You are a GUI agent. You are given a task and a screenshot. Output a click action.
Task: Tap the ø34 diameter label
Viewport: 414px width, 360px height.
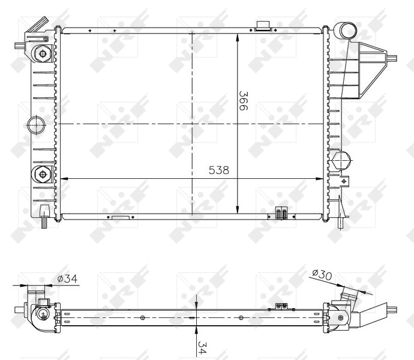[68, 278]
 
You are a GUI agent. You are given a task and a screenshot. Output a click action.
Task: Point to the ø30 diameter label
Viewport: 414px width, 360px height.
[322, 275]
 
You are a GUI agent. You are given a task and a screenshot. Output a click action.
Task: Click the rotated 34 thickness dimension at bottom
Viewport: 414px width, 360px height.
[202, 346]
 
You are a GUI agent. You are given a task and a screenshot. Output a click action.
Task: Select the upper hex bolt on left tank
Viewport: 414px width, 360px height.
[43, 54]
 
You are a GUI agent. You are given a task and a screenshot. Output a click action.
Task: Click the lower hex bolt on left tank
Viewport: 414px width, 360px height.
[43, 175]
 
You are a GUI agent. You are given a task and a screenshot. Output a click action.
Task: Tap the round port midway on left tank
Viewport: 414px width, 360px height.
[37, 125]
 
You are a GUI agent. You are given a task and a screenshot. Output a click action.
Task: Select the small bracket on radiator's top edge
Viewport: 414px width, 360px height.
[262, 25]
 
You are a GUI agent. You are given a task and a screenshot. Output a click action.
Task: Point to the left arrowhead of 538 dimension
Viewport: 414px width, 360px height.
[65, 178]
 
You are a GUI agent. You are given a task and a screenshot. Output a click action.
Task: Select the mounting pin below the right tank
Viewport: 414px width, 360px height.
[341, 223]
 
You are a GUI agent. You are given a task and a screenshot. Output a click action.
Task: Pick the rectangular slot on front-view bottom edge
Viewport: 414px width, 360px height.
[120, 217]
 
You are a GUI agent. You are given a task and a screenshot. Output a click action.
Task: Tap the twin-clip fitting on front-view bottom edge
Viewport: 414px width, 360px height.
[281, 213]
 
